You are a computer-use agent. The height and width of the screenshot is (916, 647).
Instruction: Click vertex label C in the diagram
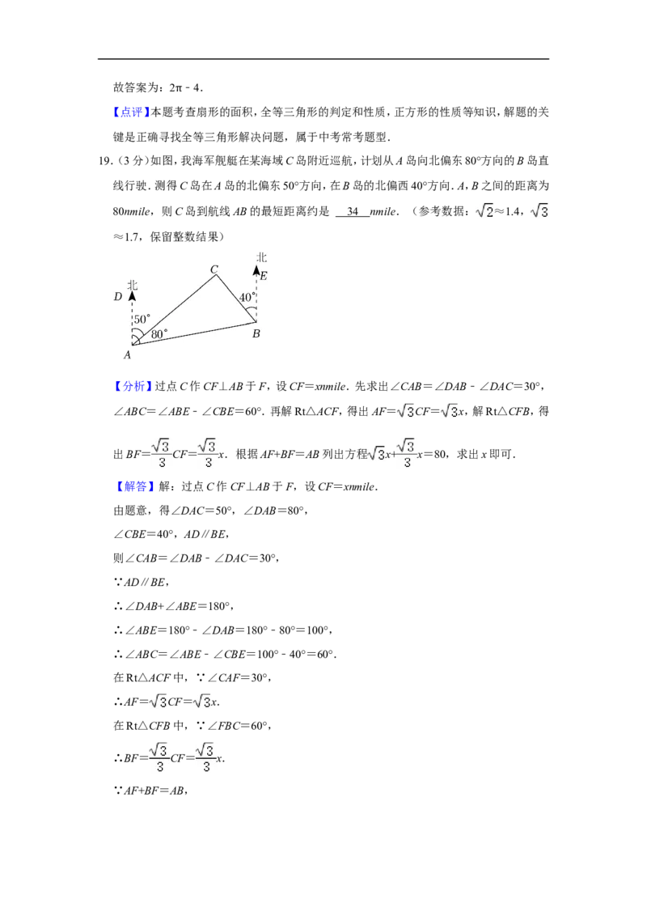[214, 269]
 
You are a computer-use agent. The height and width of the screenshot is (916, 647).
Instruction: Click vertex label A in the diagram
[127, 354]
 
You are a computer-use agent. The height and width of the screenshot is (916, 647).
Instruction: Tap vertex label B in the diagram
[256, 333]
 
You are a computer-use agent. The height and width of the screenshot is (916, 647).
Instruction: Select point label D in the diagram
[118, 297]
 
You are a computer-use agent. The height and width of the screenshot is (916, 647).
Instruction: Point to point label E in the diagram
[264, 276]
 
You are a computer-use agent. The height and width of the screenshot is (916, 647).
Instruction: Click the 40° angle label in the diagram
[247, 297]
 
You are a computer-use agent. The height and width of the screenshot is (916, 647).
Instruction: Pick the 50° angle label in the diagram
[142, 319]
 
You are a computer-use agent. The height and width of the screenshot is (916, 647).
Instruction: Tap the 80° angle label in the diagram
[159, 334]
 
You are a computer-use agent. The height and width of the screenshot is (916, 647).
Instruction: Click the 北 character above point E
[261, 257]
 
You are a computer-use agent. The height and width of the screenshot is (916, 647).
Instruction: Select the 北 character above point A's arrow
[133, 285]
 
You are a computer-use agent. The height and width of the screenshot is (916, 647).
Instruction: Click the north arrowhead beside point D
[133, 296]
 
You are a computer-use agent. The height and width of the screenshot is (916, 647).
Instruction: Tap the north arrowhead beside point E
[256, 270]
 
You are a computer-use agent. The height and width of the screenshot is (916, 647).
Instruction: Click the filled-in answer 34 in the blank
[353, 211]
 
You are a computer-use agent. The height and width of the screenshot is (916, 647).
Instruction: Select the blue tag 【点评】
[131, 112]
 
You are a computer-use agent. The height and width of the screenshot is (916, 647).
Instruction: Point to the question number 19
[105, 161]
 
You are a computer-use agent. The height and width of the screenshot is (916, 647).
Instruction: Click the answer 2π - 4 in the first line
[185, 88]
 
